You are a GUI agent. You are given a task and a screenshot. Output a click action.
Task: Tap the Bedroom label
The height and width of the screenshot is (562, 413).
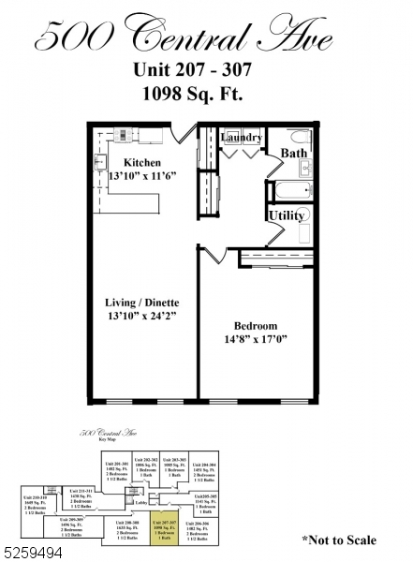(x=255, y=327)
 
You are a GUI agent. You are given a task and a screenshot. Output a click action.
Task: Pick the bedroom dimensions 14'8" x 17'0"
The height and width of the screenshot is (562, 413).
(x=255, y=342)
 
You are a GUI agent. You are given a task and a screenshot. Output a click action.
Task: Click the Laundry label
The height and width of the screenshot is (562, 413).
(x=241, y=139)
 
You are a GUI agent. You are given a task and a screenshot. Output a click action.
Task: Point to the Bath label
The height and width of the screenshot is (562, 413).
(x=293, y=153)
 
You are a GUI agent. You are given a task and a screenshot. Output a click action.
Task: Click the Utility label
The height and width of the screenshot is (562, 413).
(x=286, y=215)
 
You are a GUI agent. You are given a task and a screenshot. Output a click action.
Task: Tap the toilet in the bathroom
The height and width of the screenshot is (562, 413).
(x=299, y=136)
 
